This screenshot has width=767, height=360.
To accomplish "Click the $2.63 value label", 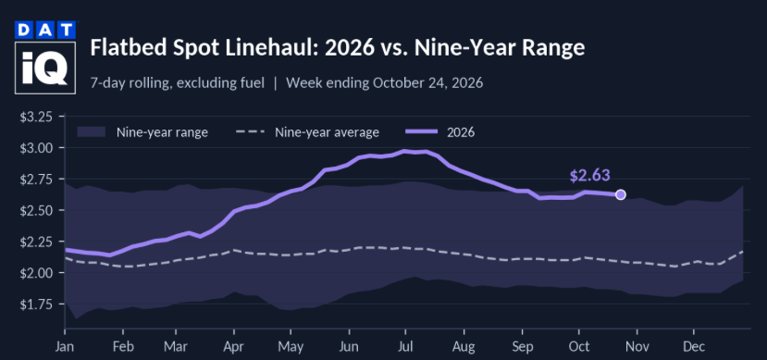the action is pos(590,176).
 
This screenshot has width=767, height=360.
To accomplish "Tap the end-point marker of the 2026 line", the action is pos(621,194).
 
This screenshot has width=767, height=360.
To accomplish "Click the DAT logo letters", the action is pos(45,31).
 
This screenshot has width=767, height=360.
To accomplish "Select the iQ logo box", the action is pos(45,68).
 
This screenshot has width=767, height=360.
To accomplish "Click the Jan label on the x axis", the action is pos(65,346).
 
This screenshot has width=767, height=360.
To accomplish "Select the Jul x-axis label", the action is pos(405,346).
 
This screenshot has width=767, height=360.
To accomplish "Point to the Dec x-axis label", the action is pos(694,346).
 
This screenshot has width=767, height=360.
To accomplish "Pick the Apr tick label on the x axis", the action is pos(234,346).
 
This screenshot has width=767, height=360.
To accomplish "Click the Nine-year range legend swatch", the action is pos(92,132).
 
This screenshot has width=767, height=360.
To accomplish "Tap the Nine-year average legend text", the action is pos(327,132).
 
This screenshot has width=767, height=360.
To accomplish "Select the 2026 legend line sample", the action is pos(423,132).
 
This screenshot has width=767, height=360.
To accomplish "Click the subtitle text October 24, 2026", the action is pos(428,83).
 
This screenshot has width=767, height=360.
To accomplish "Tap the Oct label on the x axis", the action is pos(579,346).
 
